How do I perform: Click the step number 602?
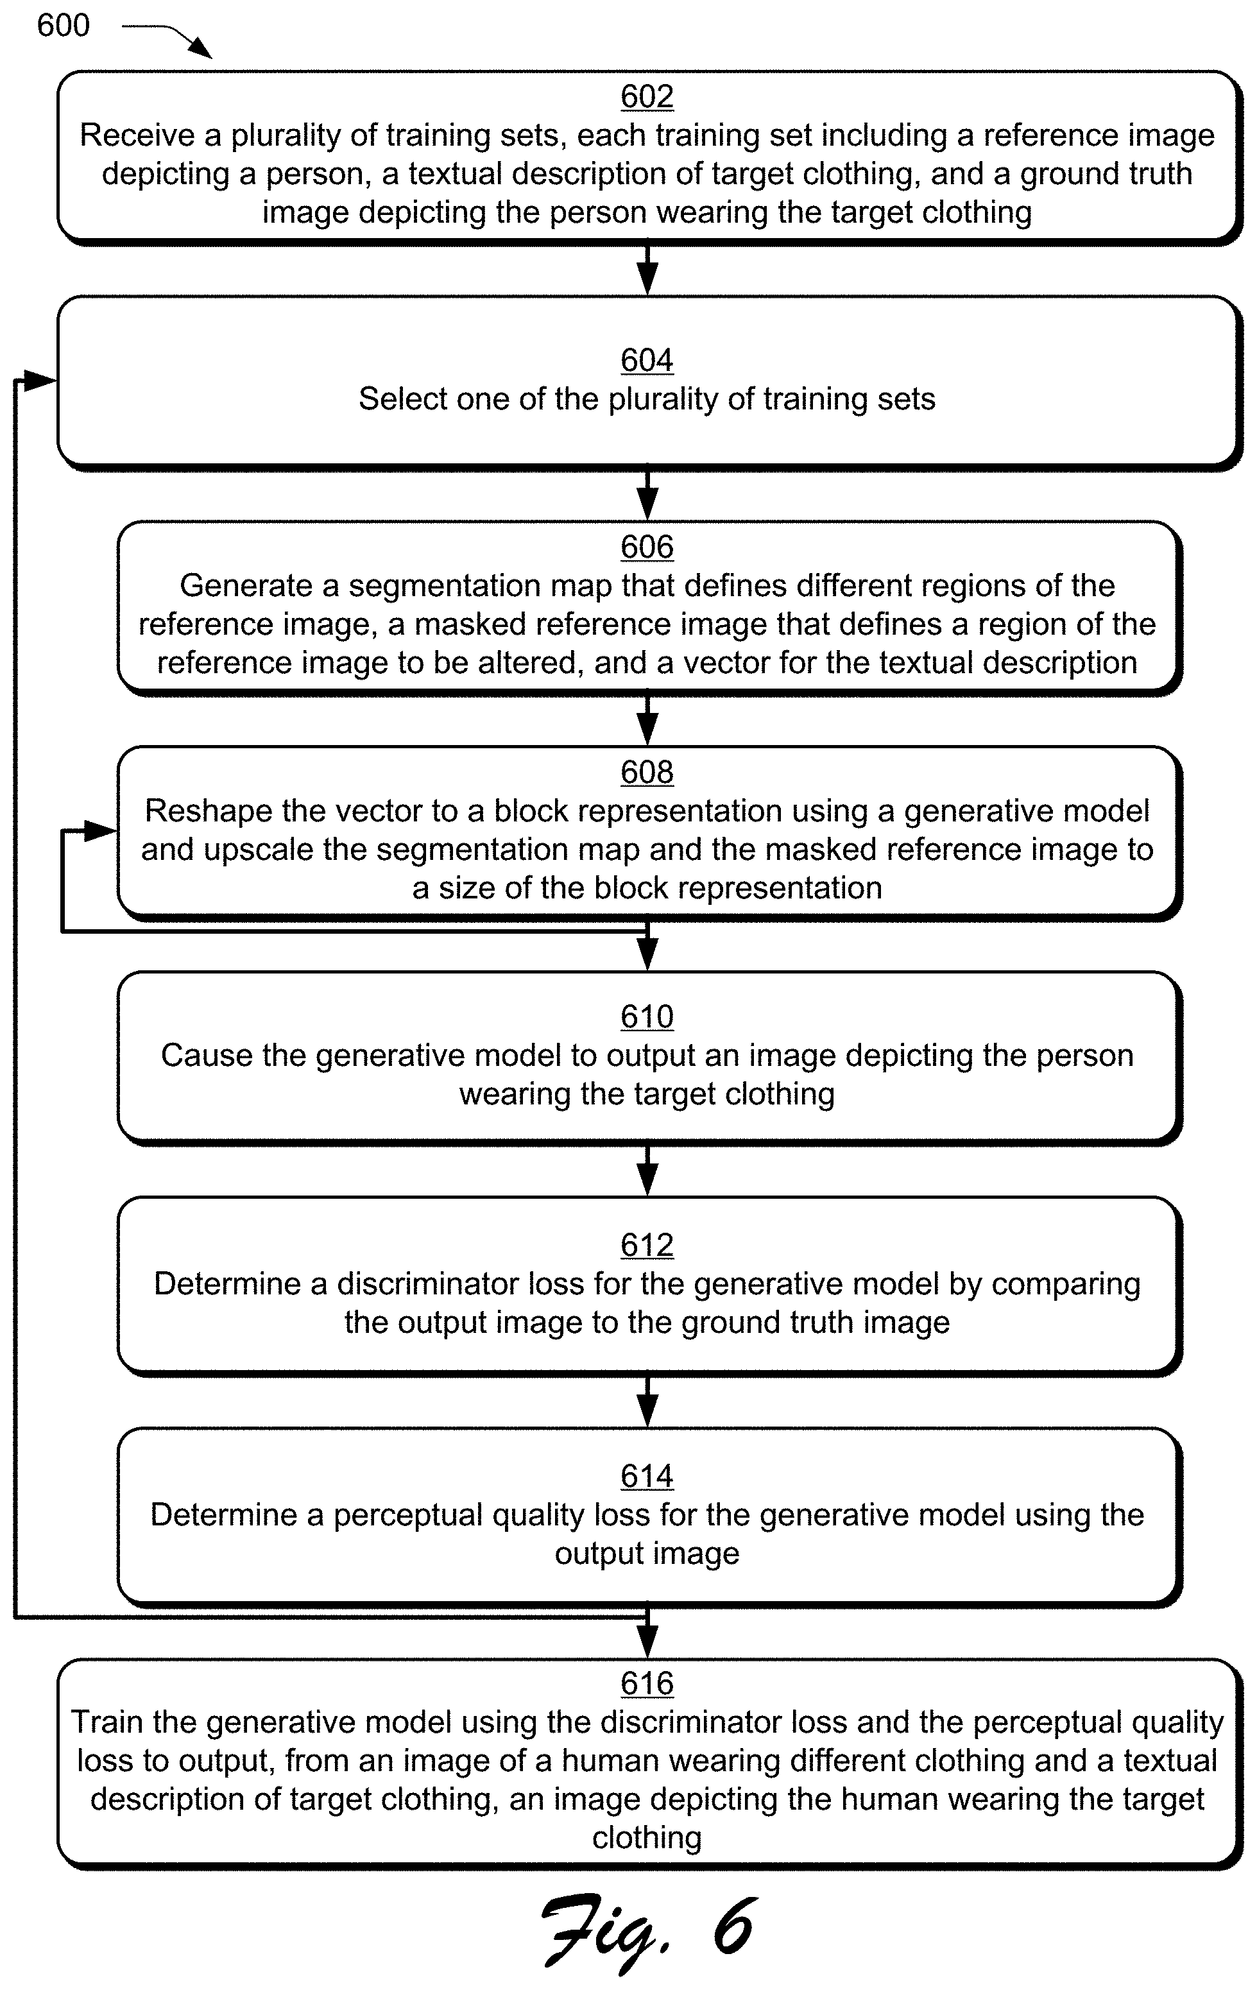point(646,97)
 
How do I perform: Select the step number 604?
point(646,360)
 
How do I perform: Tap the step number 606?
point(646,547)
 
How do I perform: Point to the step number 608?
point(646,773)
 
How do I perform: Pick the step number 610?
point(646,1016)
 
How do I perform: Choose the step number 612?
point(646,1246)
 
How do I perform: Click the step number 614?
point(646,1477)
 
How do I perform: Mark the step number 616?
point(646,1683)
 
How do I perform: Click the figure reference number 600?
point(64,26)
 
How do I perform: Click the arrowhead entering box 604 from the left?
point(40,381)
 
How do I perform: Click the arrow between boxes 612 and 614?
point(647,1400)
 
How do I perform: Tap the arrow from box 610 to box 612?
point(647,1169)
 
